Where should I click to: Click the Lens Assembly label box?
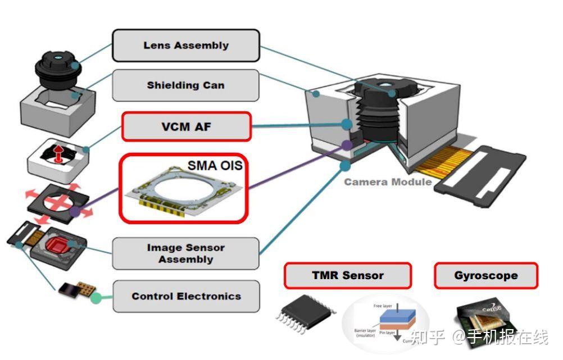coord(186,45)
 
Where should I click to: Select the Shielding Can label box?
coord(186,85)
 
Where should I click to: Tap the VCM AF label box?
coord(186,126)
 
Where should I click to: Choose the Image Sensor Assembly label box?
coord(186,253)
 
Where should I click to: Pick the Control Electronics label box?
coord(186,296)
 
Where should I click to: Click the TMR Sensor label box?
coord(347,276)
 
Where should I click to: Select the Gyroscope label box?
coord(485,276)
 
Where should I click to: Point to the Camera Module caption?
coord(388,182)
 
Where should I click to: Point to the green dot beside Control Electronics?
coord(96,296)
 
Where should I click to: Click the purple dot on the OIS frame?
coord(75,212)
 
